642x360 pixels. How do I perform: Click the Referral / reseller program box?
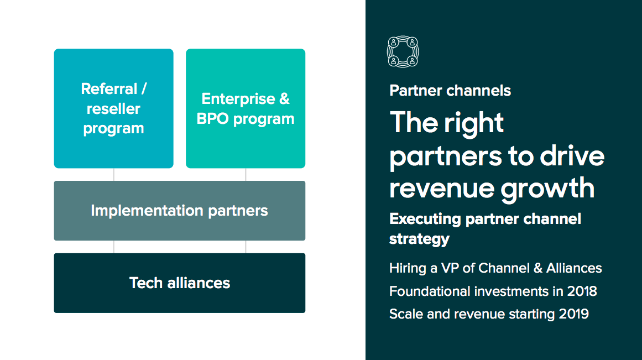coord(113,108)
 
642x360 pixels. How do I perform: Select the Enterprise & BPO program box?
coord(246,108)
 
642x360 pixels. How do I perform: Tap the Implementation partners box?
coord(179,211)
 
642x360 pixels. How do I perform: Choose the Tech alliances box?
coord(179,283)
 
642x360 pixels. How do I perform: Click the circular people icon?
coord(403,51)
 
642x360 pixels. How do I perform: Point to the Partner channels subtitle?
coord(450,91)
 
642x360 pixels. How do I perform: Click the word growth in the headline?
coord(547,189)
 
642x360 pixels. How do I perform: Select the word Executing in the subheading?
coord(425,219)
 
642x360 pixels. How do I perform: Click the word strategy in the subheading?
coord(419,239)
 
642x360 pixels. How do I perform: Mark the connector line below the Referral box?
coord(113,175)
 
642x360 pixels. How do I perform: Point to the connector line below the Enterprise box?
coord(246,175)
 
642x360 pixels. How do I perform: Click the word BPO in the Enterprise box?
coord(212,119)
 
